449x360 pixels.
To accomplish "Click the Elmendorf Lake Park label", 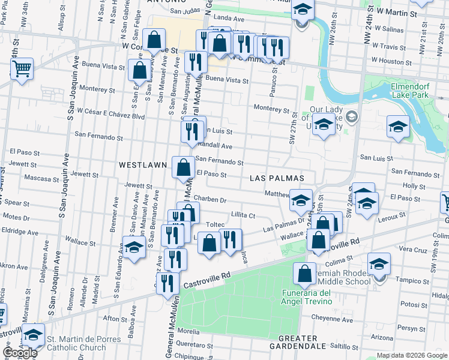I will (410, 91).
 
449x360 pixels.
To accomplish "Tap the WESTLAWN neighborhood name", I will (142, 164).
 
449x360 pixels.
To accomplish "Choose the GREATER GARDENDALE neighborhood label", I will (298, 342).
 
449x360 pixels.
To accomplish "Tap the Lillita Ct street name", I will (243, 215).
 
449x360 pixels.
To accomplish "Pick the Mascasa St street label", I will (39, 178).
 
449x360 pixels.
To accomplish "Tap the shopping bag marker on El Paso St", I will (183, 167).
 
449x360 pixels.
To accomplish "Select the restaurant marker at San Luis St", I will (191, 131).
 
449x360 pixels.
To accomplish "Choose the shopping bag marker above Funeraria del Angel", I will (304, 274).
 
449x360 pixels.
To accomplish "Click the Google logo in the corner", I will (20, 353).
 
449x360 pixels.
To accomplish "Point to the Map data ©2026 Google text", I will (411, 355).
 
